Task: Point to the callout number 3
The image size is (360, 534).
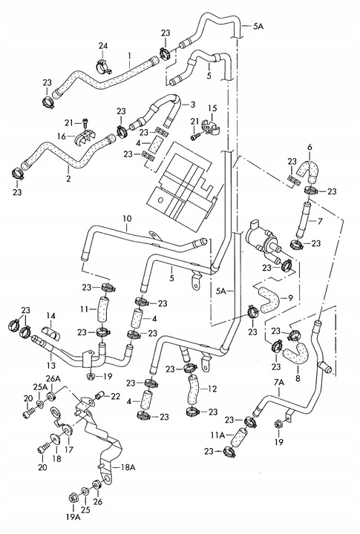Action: pyautogui.click(x=192, y=105)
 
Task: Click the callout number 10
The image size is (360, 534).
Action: pyautogui.click(x=126, y=219)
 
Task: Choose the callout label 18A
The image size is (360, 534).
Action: pyautogui.click(x=128, y=467)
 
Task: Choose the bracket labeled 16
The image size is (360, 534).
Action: pyautogui.click(x=86, y=138)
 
